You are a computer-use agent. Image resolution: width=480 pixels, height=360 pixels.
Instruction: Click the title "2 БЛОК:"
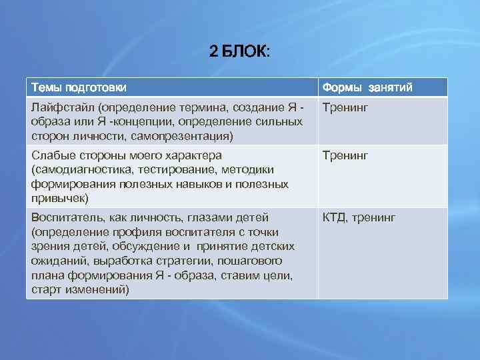tap(239, 51)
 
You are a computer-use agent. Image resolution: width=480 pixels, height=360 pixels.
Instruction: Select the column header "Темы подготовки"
tap(78, 87)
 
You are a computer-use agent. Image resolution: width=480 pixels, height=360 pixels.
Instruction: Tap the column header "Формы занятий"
tap(367, 87)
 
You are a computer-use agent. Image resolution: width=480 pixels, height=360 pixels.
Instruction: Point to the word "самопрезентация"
tap(184, 136)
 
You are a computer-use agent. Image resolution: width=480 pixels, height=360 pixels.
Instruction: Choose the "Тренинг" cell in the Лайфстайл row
tap(345, 107)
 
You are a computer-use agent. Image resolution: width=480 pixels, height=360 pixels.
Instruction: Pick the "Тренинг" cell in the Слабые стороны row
tap(345, 156)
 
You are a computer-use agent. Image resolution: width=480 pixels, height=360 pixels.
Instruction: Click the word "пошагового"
tap(253, 261)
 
